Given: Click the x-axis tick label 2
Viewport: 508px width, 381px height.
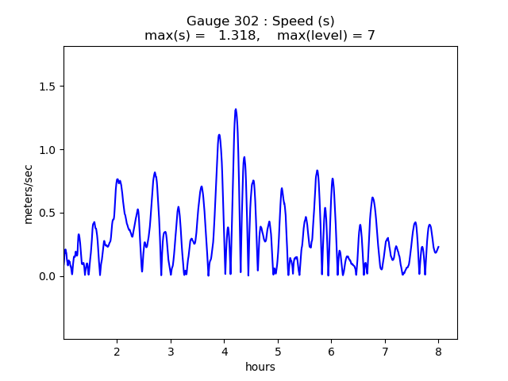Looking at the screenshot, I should tap(117, 351).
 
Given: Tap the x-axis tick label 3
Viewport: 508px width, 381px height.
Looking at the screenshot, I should tap(171, 351).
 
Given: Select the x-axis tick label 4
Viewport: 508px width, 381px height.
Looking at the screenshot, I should tap(224, 351).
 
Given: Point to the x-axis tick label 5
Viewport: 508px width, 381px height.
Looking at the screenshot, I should tap(278, 351).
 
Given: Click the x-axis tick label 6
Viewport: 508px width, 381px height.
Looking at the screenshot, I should tap(331, 351).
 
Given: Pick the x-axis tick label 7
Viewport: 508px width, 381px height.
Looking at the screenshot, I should tap(385, 351).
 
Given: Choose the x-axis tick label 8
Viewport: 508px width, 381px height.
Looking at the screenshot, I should tap(438, 351).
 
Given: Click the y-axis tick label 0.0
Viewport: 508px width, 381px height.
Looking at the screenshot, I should tap(48, 276).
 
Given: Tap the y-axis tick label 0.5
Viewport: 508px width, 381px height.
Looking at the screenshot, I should tap(48, 213).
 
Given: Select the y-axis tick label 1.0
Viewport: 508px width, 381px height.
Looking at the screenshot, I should tap(48, 149).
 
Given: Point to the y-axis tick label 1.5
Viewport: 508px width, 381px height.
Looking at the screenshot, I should tap(48, 86).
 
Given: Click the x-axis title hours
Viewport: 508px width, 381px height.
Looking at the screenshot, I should tap(260, 367).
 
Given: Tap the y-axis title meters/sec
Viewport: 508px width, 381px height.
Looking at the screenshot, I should tap(29, 194).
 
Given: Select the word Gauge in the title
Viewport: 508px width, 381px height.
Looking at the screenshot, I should tap(205, 21).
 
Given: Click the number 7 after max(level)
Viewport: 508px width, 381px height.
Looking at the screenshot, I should tap(371, 36).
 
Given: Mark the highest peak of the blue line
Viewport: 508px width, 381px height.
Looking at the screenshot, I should tap(236, 110).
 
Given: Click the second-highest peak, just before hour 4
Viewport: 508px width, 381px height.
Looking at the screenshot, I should tap(219, 135).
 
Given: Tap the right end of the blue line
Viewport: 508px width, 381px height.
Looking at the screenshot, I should tap(438, 246).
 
